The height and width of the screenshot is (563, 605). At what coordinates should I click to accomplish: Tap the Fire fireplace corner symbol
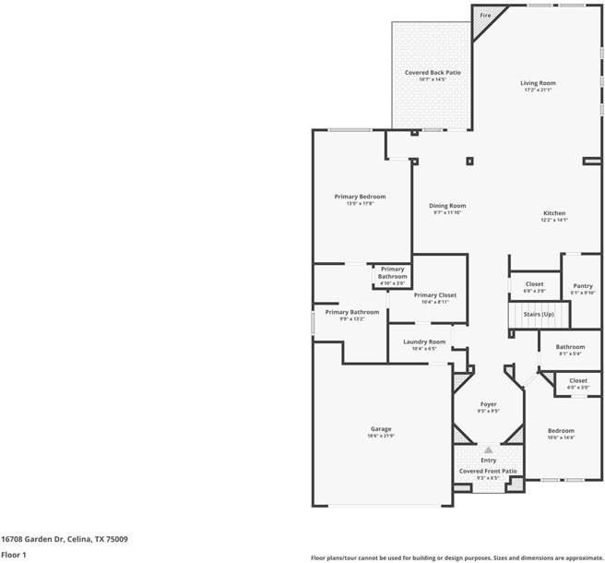pyautogui.click(x=484, y=18)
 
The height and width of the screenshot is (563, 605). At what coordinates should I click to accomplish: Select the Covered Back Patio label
pyautogui.click(x=433, y=72)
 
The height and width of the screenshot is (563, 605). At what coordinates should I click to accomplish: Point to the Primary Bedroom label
pyautogui.click(x=360, y=197)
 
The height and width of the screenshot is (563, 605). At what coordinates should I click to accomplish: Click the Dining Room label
pyautogui.click(x=447, y=206)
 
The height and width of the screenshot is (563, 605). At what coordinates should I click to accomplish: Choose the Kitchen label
pyautogui.click(x=554, y=213)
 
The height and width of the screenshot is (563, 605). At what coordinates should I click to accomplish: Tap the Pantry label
pyautogui.click(x=582, y=286)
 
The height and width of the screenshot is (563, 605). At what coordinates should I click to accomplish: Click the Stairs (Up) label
pyautogui.click(x=538, y=315)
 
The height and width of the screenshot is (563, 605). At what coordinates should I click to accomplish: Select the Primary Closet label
pyautogui.click(x=434, y=295)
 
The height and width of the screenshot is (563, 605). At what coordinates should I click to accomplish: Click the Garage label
pyautogui.click(x=381, y=428)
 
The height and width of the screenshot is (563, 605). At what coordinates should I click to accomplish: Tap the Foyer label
pyautogui.click(x=488, y=405)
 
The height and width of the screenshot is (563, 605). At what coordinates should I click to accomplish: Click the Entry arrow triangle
pyautogui.click(x=488, y=450)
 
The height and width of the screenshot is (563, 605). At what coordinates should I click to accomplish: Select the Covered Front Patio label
pyautogui.click(x=486, y=471)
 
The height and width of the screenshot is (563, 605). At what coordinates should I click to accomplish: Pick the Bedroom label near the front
pyautogui.click(x=561, y=430)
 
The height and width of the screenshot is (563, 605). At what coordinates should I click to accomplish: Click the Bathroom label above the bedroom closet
pyautogui.click(x=569, y=347)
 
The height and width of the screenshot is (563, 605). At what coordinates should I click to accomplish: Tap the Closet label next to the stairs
pyautogui.click(x=534, y=284)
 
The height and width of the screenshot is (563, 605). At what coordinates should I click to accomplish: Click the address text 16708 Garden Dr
pyautogui.click(x=64, y=538)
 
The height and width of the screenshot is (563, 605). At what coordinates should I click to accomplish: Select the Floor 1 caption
pyautogui.click(x=14, y=555)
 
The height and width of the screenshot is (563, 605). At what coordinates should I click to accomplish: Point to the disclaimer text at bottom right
pyautogui.click(x=457, y=557)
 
